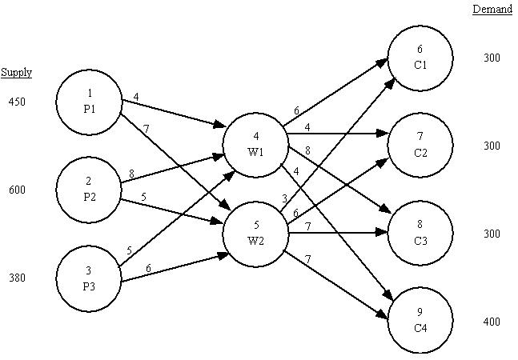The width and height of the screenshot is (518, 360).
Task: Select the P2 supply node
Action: [89, 190]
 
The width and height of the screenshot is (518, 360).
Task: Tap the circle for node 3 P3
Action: [89, 278]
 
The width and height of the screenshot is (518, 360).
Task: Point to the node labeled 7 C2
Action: [420, 146]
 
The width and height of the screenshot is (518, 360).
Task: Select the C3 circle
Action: [420, 234]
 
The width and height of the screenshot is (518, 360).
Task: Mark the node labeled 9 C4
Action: [420, 322]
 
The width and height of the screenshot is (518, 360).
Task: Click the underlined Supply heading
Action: [16, 73]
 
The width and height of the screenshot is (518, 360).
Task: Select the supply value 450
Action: [17, 102]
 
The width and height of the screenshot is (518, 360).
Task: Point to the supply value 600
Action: [17, 190]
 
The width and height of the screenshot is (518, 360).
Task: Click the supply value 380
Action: [17, 278]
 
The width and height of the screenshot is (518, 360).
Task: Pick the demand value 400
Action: [492, 322]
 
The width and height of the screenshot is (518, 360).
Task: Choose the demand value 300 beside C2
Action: [492, 146]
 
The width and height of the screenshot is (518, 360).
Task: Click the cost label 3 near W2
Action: [285, 198]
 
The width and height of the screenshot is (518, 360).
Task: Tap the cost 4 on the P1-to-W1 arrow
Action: [136, 98]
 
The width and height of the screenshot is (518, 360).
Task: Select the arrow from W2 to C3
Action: [336, 234]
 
